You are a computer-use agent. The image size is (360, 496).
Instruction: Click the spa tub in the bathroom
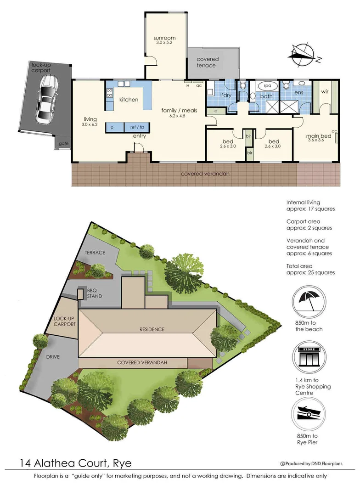(x=266, y=86)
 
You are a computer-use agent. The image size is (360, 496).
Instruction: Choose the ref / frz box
(x=137, y=127)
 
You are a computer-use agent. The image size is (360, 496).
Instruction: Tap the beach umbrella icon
(x=309, y=301)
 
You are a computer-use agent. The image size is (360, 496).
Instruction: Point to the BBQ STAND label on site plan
(x=95, y=293)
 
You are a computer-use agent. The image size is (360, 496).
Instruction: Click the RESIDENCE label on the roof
(x=152, y=329)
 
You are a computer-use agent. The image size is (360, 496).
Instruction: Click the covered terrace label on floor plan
(x=208, y=62)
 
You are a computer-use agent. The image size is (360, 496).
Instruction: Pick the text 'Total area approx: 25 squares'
(x=310, y=269)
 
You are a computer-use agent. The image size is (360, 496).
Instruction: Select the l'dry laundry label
(x=225, y=95)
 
